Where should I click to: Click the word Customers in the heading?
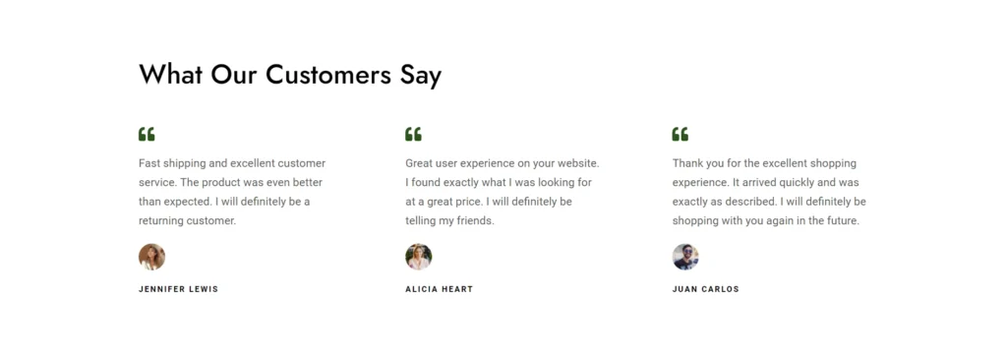tap(327, 75)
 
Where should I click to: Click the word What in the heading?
tap(171, 75)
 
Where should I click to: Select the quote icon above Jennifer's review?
tap(147, 135)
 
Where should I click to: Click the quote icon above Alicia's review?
tap(413, 135)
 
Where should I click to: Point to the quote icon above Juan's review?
tap(681, 135)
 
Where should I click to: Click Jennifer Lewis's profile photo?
tap(151, 257)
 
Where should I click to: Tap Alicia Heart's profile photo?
tap(418, 257)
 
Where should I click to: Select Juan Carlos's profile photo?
tap(685, 257)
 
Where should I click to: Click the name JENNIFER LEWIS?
tap(179, 289)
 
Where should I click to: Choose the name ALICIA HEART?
tap(439, 289)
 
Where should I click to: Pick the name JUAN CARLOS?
tap(706, 289)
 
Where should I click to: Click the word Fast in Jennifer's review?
tap(149, 163)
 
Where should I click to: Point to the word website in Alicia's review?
tap(578, 163)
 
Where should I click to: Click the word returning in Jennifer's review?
tap(161, 221)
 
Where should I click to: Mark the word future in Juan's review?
tap(842, 221)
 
